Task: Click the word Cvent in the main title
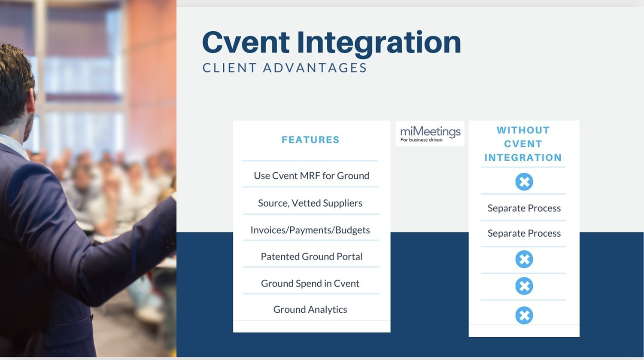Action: point(246,43)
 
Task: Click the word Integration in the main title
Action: point(379,43)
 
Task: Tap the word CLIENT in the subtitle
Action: point(229,68)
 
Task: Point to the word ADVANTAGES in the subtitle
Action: point(315,68)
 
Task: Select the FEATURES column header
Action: point(310,140)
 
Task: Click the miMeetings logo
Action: point(430,131)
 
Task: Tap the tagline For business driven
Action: point(421,140)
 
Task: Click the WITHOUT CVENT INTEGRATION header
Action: point(523,144)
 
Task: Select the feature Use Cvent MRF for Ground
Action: point(311,176)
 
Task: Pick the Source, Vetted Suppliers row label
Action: point(310,203)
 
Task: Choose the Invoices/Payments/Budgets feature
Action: point(310,230)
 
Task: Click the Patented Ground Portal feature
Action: point(311,256)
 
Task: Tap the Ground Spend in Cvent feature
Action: point(310,284)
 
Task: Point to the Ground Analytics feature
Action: point(310,309)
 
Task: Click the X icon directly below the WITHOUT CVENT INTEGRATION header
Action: point(524,182)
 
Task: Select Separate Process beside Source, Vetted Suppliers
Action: point(524,208)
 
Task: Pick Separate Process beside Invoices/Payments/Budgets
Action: point(524,233)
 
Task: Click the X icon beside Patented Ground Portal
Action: point(524,259)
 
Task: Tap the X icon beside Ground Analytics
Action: point(524,315)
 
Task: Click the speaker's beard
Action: point(29,127)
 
